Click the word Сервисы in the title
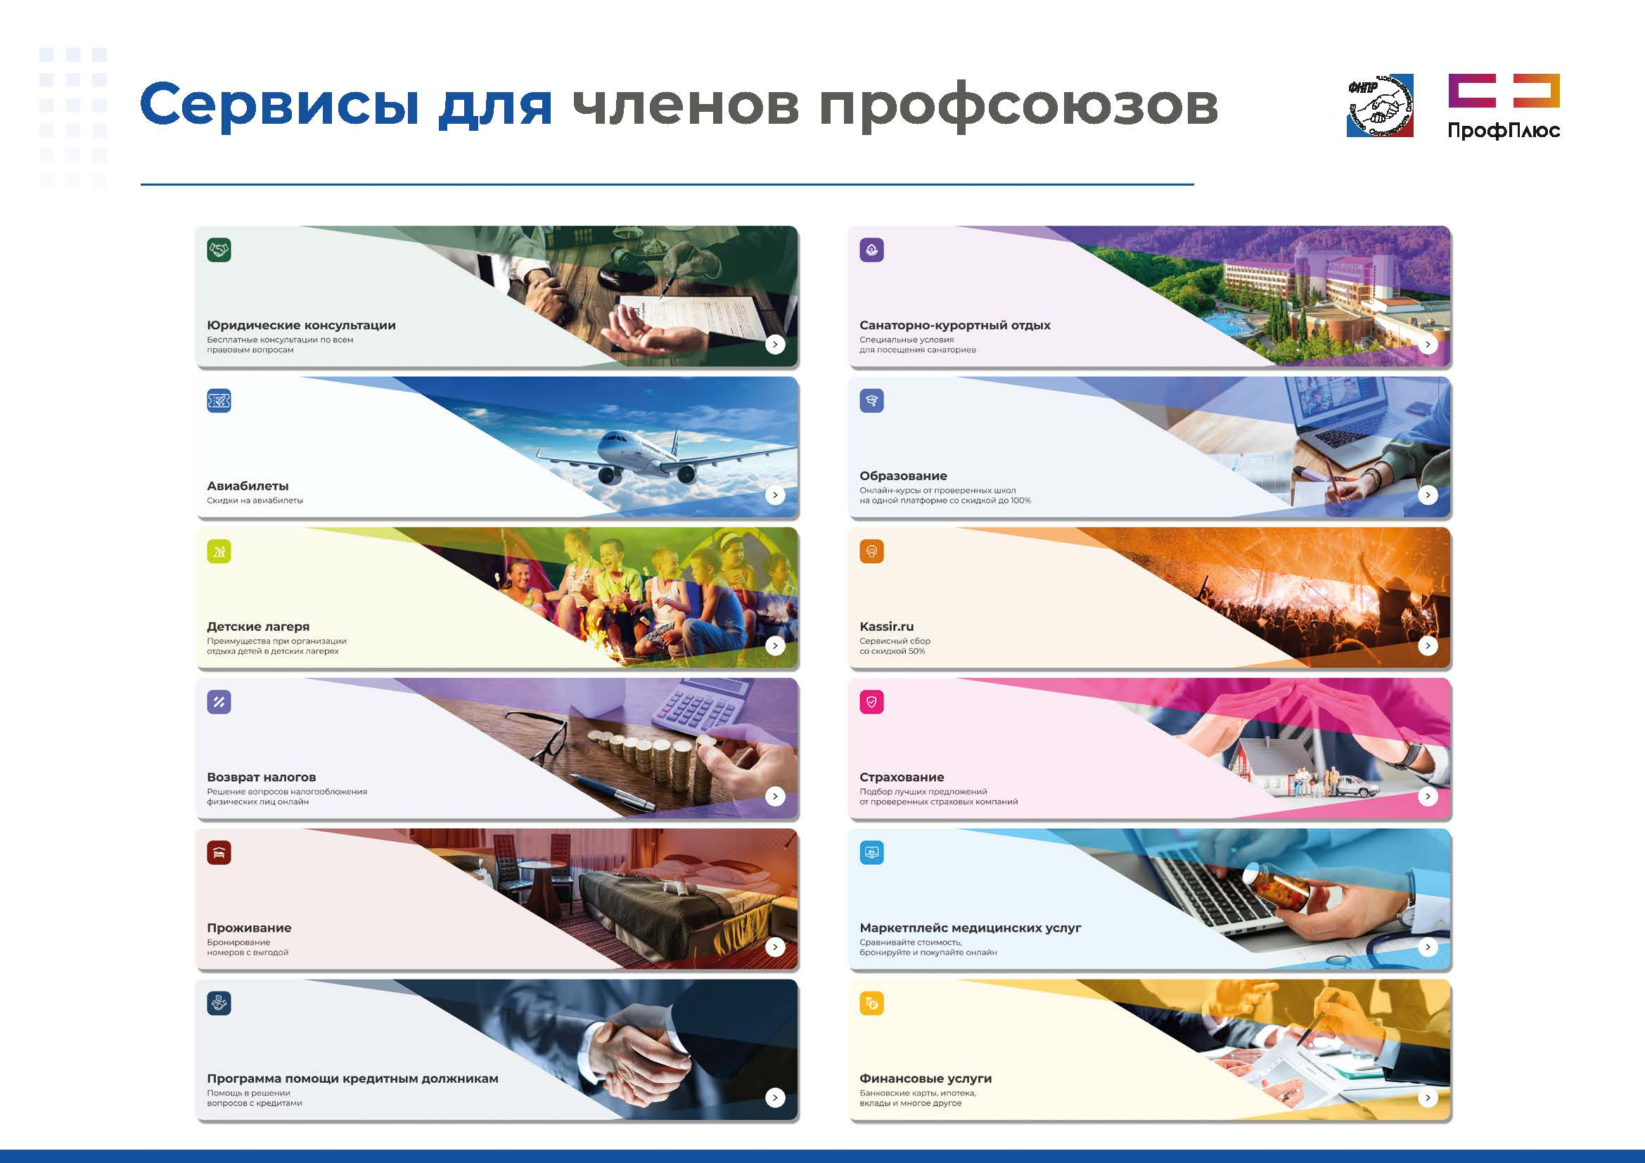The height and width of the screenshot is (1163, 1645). (x=279, y=105)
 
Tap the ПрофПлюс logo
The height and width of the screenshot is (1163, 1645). (x=1504, y=106)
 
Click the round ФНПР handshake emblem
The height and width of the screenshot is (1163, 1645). (x=1380, y=105)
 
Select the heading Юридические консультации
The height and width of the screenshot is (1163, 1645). (x=301, y=325)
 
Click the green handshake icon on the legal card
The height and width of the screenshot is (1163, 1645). (x=219, y=250)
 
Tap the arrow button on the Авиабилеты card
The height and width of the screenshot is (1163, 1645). (x=775, y=495)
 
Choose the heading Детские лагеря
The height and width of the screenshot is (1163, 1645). (x=258, y=627)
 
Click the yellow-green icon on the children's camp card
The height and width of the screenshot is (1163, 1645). (x=219, y=551)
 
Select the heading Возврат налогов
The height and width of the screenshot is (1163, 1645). (x=261, y=777)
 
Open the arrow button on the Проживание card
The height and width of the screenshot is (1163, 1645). (x=775, y=946)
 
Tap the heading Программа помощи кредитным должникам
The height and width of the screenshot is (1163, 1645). (x=352, y=1079)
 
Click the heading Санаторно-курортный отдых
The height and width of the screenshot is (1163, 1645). (x=955, y=325)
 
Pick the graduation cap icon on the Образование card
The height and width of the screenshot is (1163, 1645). (x=872, y=401)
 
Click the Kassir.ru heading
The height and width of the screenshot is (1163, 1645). (x=886, y=627)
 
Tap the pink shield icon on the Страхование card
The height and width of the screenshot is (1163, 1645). (x=872, y=702)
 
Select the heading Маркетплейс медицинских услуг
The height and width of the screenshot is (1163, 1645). (x=970, y=927)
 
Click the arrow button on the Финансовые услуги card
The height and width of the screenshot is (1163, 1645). (x=1428, y=1097)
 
